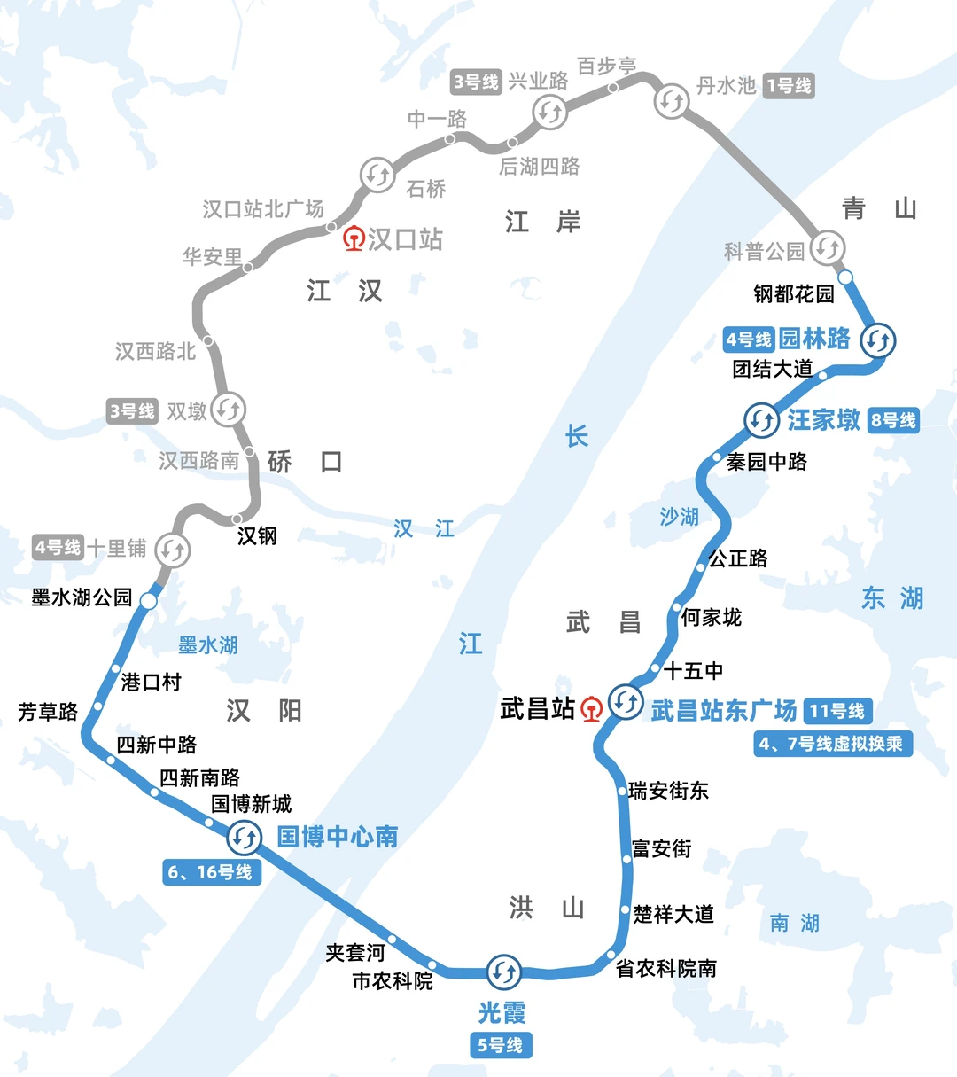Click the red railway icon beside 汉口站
click(354, 238)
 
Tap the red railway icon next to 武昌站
click(591, 709)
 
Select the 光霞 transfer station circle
click(504, 972)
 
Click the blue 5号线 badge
click(501, 1045)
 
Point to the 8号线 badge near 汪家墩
click(892, 420)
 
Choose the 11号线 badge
click(837, 711)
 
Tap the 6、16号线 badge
click(210, 872)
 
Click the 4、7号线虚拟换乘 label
click(831, 744)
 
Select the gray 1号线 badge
click(789, 86)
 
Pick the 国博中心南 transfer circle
click(245, 837)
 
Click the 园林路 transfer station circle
click(878, 339)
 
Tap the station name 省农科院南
click(666, 969)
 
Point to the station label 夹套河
click(355, 952)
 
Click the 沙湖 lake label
click(680, 517)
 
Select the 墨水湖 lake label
click(208, 645)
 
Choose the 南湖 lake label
click(795, 923)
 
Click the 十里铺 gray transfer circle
click(172, 550)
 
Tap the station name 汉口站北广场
click(263, 209)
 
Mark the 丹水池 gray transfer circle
click(672, 100)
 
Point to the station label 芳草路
click(48, 712)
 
